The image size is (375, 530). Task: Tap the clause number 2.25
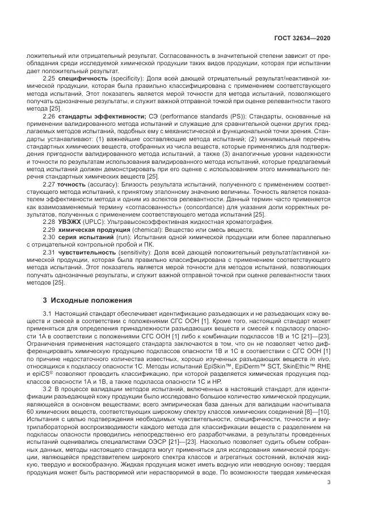click(x=49, y=78)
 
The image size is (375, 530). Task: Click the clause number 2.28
click(x=49, y=222)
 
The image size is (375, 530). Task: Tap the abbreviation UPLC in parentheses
click(x=92, y=222)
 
